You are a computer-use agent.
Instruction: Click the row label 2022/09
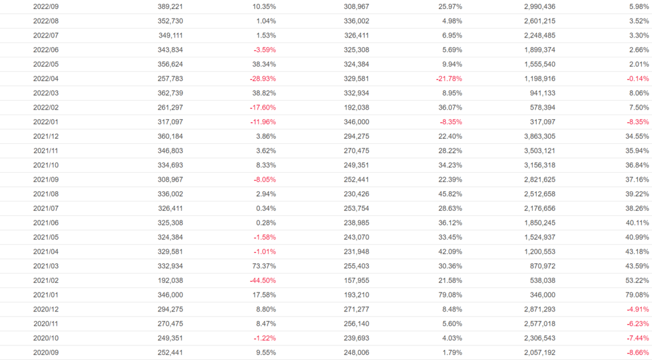(x=46, y=6)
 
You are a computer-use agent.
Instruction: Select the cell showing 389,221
(x=171, y=6)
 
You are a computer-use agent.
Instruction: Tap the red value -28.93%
(x=263, y=78)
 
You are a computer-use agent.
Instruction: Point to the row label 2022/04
(x=46, y=78)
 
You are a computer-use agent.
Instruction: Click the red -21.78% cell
(x=449, y=78)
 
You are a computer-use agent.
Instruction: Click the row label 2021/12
(x=46, y=136)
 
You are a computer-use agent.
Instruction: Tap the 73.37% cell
(x=264, y=265)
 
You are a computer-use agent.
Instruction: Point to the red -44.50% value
(x=263, y=280)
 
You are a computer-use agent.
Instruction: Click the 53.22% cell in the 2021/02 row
(x=636, y=280)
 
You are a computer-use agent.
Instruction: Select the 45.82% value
(x=450, y=194)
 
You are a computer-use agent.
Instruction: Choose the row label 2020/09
(x=46, y=352)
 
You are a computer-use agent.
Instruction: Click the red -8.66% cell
(x=636, y=352)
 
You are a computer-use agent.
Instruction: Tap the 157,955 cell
(x=357, y=280)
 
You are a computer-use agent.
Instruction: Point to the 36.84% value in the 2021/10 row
(x=636, y=164)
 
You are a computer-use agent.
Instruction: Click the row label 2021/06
(x=46, y=222)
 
